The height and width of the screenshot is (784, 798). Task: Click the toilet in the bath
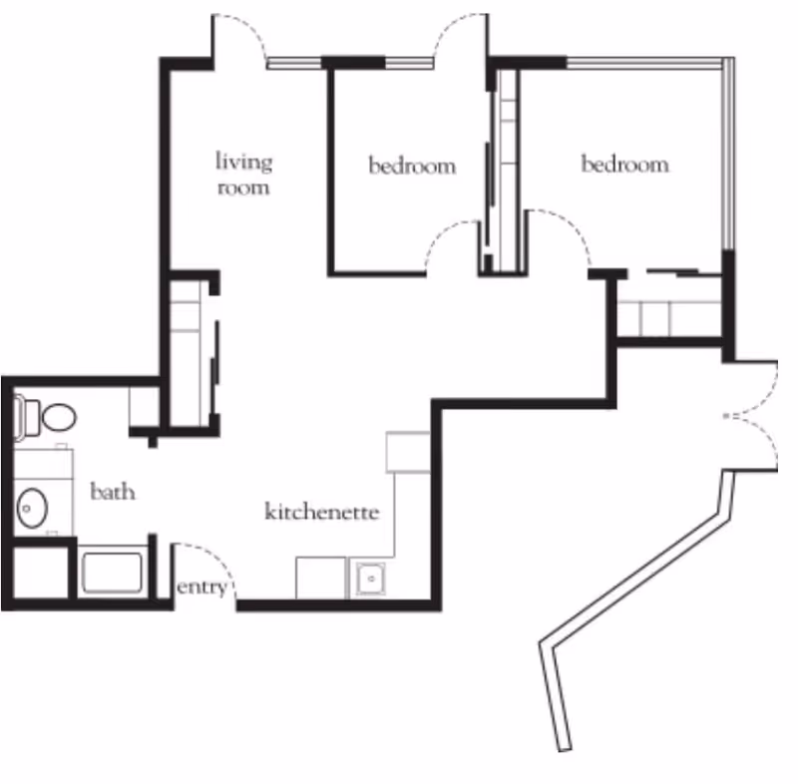(45, 417)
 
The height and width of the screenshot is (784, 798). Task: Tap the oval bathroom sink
(32, 508)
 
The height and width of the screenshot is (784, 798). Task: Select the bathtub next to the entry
(113, 573)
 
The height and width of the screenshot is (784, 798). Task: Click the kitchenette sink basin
(370, 579)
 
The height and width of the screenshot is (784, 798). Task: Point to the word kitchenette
(321, 512)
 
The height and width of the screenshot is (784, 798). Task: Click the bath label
(113, 492)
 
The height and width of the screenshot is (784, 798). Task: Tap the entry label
(201, 588)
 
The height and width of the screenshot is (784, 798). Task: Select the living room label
(243, 174)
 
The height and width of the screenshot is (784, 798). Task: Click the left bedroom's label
(412, 166)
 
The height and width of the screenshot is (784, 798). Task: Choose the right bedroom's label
(625, 164)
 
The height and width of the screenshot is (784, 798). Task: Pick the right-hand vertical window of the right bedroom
(729, 154)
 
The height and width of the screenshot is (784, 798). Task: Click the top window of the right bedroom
(644, 63)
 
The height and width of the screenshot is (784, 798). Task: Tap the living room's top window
(294, 63)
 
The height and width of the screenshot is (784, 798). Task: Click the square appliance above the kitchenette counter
(408, 452)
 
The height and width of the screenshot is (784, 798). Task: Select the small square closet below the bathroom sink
(41, 572)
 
